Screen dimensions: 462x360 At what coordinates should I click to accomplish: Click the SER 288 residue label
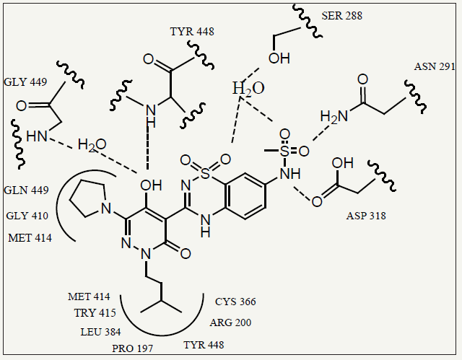coord(341,16)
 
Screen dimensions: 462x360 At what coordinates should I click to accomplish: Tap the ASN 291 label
coord(435,66)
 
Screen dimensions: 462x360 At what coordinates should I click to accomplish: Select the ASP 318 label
coord(366,216)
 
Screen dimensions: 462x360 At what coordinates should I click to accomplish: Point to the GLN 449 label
coord(26,190)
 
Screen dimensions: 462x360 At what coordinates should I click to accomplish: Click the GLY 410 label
coord(27,216)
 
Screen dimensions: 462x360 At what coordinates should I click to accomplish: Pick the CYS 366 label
coord(235,302)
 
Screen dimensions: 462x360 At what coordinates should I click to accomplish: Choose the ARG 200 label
coord(230,322)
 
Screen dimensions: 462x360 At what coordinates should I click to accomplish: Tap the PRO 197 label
coord(133,348)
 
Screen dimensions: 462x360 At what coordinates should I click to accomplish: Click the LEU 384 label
coord(100,332)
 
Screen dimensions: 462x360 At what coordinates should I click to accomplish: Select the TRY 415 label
coord(95,312)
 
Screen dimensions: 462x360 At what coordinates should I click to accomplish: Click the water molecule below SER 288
coord(248,88)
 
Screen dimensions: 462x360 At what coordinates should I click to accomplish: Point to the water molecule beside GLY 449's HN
coord(92,145)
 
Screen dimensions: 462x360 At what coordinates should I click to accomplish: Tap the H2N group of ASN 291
coord(334,117)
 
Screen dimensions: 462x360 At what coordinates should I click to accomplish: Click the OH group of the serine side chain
coord(279,58)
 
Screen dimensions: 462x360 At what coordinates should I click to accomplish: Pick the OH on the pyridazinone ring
coord(151,185)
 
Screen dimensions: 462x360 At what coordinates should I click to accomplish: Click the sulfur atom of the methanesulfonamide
coord(285,152)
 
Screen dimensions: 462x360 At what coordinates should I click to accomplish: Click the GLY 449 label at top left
coord(25,82)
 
